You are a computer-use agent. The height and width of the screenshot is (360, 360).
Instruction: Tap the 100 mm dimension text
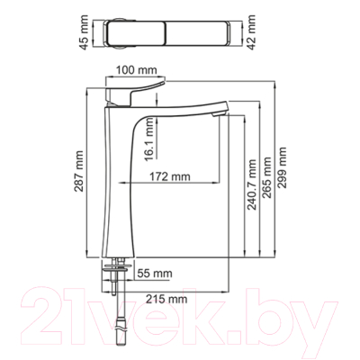(x=136, y=68)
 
